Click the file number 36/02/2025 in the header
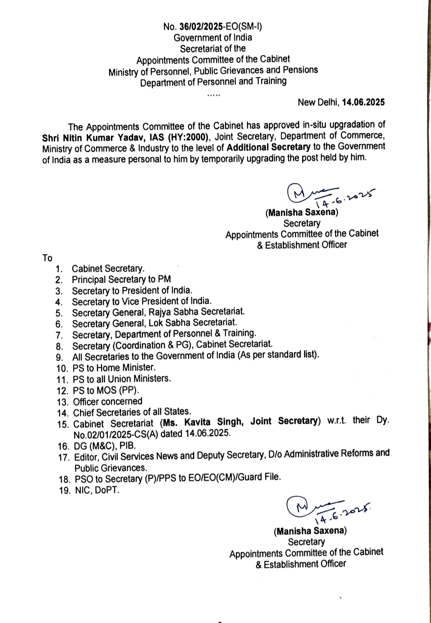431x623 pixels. [201, 27]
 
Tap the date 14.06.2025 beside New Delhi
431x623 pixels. [363, 102]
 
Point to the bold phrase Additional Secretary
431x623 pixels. [268, 147]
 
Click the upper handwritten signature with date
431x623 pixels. [331, 195]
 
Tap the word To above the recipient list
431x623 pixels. [47, 258]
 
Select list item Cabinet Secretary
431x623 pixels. [108, 269]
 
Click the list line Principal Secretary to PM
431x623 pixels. [121, 279]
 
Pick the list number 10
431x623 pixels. [62, 368]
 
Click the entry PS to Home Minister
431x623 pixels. [114, 368]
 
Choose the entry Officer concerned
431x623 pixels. [108, 401]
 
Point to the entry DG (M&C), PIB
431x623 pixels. [105, 446]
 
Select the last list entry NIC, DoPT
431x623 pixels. [97, 490]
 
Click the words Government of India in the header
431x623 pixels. [213, 38]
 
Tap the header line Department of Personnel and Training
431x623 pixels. [213, 82]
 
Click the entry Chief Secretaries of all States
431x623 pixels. [132, 412]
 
